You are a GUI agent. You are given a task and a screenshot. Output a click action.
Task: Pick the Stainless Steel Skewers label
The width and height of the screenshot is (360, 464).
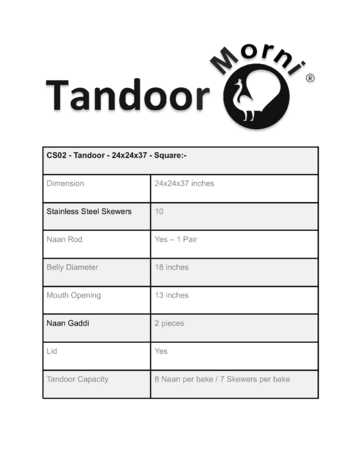point(89,212)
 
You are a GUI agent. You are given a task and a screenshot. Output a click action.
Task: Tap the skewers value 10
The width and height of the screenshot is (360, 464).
point(160,212)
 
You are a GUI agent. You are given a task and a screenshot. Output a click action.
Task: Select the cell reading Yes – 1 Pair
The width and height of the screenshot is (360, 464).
point(181,240)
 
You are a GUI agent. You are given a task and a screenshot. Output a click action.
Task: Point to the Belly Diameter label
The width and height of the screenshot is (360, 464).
point(74,268)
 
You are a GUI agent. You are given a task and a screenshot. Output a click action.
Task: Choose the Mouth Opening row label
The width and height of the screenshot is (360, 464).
point(74,296)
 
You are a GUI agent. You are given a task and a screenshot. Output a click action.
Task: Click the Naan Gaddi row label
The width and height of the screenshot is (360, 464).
point(68,324)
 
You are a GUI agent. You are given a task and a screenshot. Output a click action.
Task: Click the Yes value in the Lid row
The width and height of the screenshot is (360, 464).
point(161,352)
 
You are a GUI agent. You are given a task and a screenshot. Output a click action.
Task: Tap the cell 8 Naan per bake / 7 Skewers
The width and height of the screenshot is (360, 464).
point(222,380)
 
